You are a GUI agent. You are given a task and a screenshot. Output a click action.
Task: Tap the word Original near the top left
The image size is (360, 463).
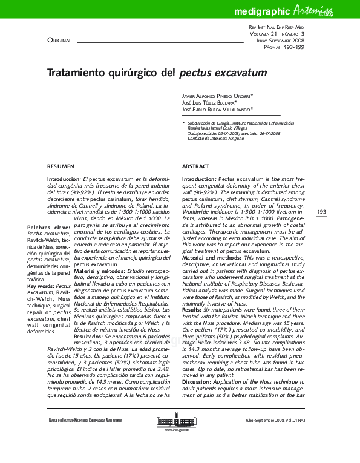[x=59, y=41]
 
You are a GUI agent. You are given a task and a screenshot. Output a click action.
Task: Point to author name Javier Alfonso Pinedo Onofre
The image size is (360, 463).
[x=217, y=96]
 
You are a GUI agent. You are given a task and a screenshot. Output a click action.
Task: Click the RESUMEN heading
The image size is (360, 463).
[x=61, y=166]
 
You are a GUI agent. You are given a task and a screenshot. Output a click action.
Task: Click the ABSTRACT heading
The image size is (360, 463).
[x=196, y=166]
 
